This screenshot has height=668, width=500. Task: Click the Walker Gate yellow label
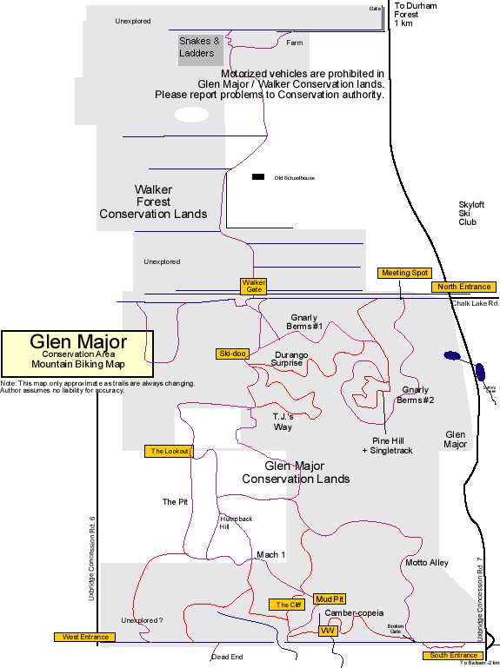[x=254, y=286]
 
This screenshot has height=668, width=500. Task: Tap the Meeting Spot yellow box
[x=405, y=273]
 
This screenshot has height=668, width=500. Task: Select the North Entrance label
[x=463, y=288]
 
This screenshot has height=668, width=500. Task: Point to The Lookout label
[x=169, y=451]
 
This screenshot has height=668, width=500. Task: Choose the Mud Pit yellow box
[x=330, y=599]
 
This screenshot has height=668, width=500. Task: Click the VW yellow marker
[x=328, y=631]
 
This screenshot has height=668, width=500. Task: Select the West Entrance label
[x=85, y=637]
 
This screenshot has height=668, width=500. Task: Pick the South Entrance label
[x=450, y=655]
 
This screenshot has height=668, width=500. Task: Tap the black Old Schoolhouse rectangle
[x=258, y=177]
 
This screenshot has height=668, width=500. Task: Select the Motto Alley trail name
[x=427, y=563]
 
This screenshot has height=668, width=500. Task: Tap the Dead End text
[x=227, y=657]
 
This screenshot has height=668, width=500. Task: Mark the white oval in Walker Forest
[x=191, y=115]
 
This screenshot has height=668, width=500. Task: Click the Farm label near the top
[x=295, y=42]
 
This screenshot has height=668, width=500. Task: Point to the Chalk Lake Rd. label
[x=474, y=303]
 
